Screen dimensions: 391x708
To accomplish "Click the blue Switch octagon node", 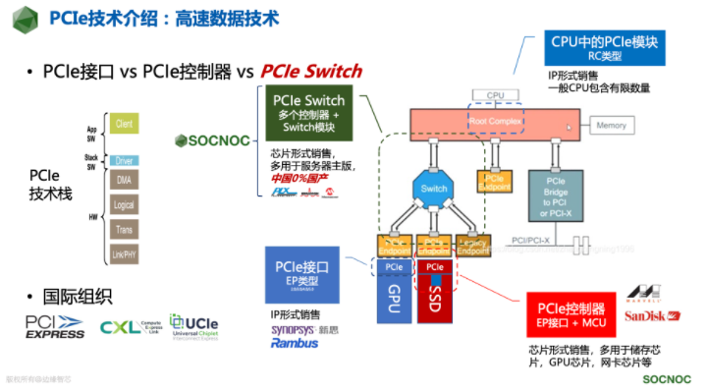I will [x=434, y=189].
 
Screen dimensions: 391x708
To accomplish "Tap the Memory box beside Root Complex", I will [x=611, y=126].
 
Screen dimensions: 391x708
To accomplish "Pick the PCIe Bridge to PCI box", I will [x=556, y=192].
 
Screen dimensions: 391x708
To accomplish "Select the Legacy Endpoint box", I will [x=475, y=246].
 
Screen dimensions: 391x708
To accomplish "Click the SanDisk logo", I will [x=653, y=315].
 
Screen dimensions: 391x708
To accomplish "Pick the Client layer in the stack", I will [x=124, y=124].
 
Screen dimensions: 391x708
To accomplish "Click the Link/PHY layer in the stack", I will [x=124, y=254].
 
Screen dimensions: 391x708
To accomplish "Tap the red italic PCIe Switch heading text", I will [x=311, y=71].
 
